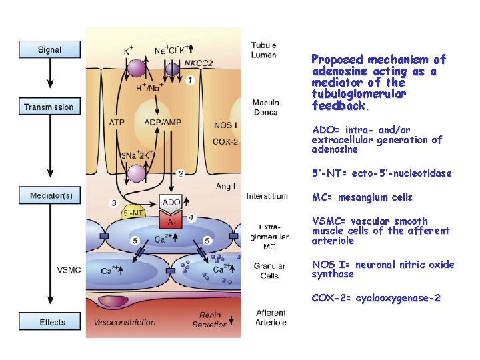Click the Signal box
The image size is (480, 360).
point(50,49)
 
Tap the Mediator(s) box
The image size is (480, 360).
point(50,195)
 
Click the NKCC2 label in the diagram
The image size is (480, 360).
point(199,63)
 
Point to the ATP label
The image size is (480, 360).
point(116,123)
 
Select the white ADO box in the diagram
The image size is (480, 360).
point(171,201)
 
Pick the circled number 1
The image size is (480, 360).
point(191,80)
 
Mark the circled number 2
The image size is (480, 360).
point(181,173)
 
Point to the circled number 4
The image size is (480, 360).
point(191,217)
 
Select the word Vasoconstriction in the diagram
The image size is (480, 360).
point(126,323)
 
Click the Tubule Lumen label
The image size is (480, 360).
point(264,50)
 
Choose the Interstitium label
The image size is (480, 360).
point(267,196)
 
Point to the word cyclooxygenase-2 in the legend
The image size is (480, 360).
point(398,298)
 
